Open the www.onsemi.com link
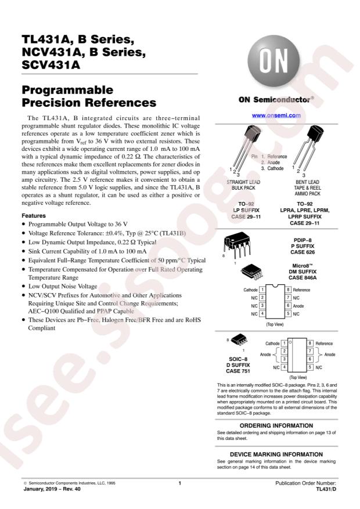(276, 115)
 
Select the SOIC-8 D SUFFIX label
(237, 363)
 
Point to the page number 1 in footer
(180, 483)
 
